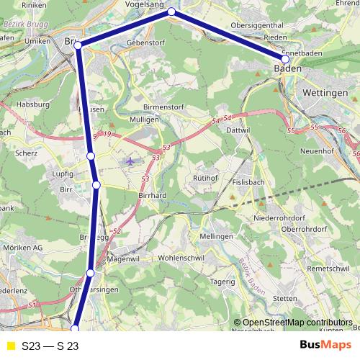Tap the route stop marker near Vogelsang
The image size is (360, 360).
pos(171,12)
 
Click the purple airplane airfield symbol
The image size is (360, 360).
pos(130,161)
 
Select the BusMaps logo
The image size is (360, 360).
pos(325,346)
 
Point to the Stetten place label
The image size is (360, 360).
pos(285,297)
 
